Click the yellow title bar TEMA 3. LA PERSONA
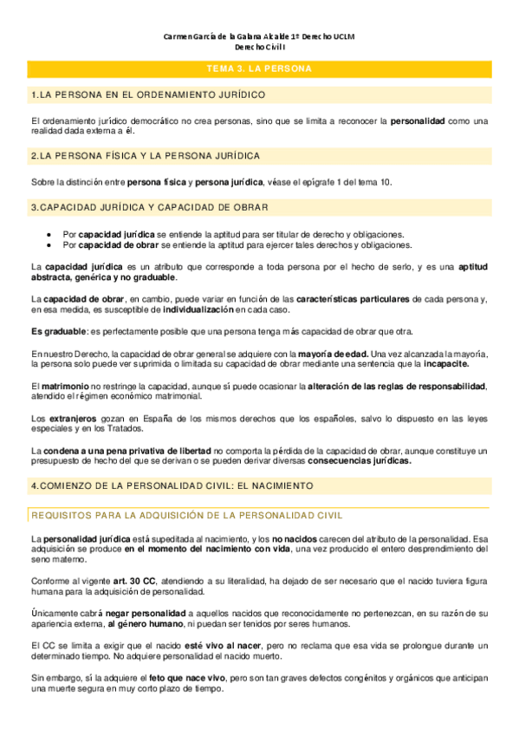259,68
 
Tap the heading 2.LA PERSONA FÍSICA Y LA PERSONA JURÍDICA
145,156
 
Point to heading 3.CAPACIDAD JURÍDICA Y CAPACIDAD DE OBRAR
148,207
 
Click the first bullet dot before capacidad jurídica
50,235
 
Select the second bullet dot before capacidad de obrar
50,245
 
